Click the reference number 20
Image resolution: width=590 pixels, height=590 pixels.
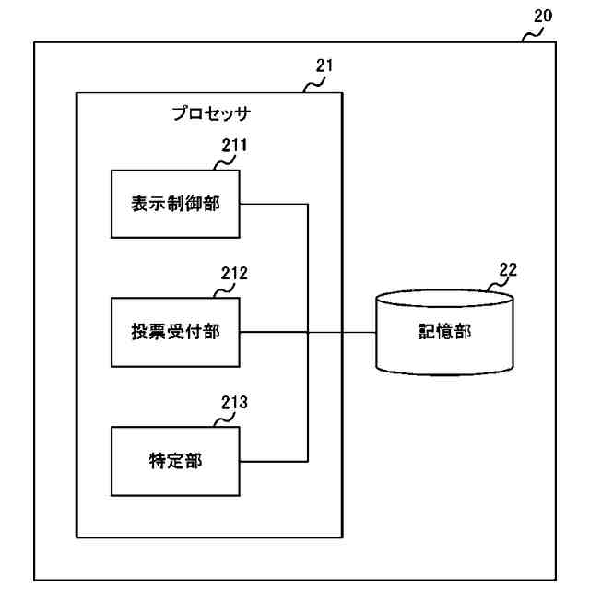[543, 16]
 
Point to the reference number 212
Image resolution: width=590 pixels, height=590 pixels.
[234, 273]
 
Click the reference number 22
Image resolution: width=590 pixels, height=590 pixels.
[507, 269]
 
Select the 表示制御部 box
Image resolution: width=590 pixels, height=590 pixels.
[174, 203]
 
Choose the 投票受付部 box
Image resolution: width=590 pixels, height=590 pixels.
[174, 332]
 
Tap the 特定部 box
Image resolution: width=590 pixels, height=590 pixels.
[174, 460]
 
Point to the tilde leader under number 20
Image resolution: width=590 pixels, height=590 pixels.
[533, 34]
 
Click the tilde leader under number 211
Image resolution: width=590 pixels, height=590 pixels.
[224, 163]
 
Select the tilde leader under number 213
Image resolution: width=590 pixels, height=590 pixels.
[224, 419]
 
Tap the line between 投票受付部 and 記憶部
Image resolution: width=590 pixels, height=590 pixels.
[341, 332]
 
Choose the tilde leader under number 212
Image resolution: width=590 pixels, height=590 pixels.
[224, 291]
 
